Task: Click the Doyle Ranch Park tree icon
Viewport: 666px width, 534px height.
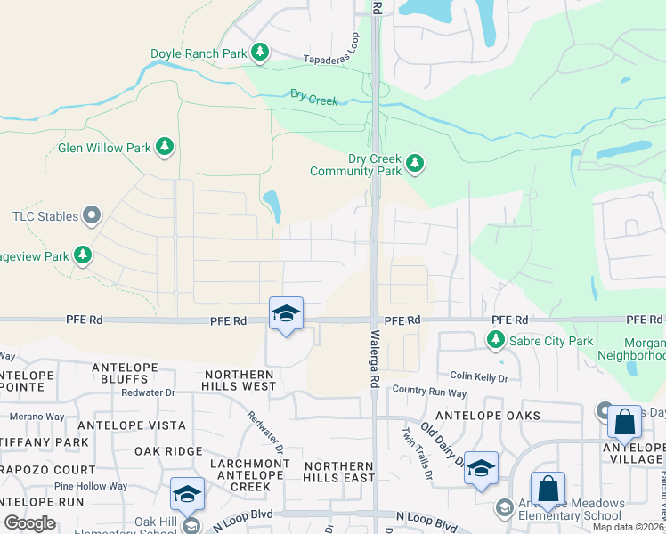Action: pos(260,53)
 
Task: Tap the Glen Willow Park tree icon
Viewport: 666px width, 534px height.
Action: pos(164,147)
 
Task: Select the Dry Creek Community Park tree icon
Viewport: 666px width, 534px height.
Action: pos(414,163)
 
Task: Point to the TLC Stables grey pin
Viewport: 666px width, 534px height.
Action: pos(92,214)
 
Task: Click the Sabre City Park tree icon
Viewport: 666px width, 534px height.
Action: pos(495,340)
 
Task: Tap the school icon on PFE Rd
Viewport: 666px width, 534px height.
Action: pos(286,314)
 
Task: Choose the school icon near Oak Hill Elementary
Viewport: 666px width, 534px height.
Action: pos(188,494)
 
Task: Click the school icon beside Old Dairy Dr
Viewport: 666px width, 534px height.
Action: pos(481,468)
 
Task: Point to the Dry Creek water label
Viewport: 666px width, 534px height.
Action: pos(313,98)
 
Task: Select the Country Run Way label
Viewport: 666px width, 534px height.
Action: pos(429,392)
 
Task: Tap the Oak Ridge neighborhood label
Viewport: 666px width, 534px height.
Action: pos(168,451)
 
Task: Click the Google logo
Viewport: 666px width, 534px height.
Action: pos(29,523)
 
